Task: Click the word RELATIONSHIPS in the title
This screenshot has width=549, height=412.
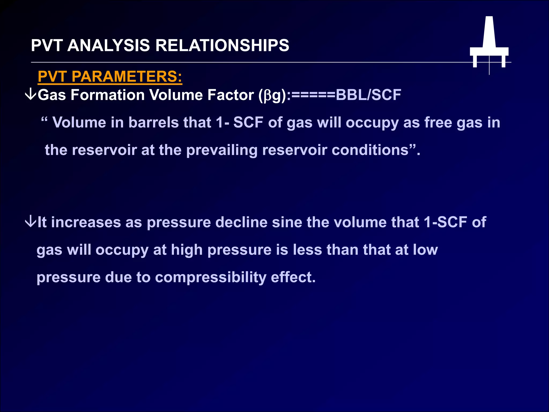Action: (x=222, y=45)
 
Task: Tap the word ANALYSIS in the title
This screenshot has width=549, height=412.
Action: (x=109, y=45)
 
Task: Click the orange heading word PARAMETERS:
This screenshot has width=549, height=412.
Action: (x=127, y=76)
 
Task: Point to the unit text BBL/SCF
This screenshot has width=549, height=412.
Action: (x=368, y=95)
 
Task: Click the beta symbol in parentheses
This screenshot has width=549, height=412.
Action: (x=268, y=96)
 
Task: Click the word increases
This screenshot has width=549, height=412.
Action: (x=86, y=222)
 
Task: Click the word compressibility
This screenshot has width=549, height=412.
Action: (x=211, y=277)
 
